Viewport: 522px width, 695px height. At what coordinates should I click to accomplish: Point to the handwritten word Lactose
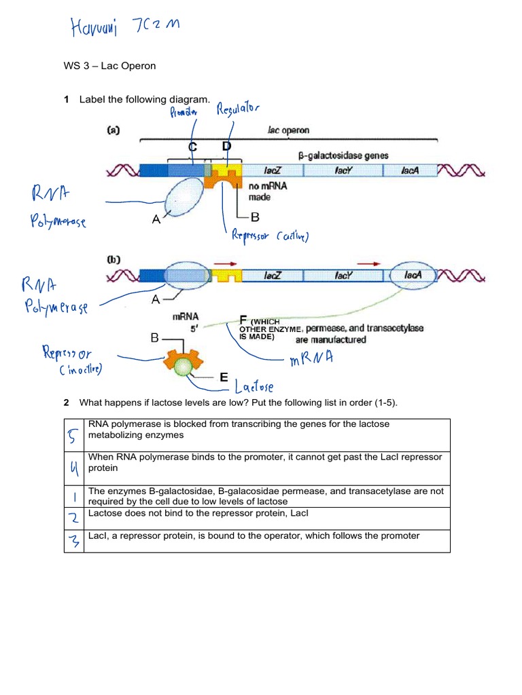coord(253,388)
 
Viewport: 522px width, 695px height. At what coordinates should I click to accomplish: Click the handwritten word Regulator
coord(238,110)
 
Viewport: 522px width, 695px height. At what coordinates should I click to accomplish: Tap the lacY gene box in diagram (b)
coord(342,276)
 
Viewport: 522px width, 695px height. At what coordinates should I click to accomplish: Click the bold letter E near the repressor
coord(224,378)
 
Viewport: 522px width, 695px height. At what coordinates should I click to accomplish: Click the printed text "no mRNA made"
coord(260,192)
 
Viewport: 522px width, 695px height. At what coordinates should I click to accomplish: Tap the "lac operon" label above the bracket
coord(288,130)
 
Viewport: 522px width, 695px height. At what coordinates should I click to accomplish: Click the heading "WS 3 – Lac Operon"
coord(109,66)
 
